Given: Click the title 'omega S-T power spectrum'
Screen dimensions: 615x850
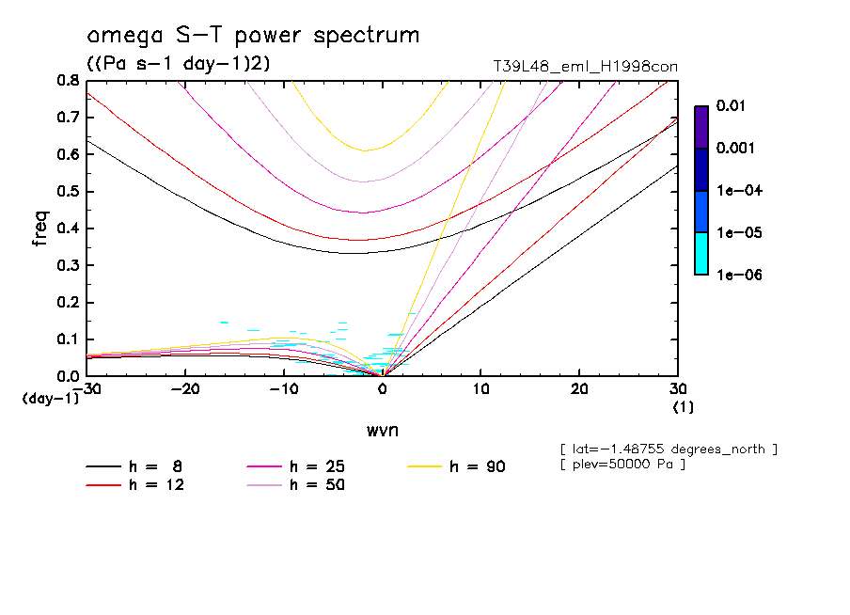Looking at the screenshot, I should click(253, 36).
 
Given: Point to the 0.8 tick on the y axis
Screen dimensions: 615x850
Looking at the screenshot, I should click(68, 81).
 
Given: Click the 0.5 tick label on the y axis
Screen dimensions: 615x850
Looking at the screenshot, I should click(68, 192).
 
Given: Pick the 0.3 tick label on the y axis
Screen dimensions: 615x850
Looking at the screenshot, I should click(68, 265).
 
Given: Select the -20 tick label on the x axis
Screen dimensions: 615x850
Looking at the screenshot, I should click(184, 389).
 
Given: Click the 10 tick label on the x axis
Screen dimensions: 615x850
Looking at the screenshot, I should click(480, 389).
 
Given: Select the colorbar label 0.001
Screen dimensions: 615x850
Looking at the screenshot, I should click(734, 149).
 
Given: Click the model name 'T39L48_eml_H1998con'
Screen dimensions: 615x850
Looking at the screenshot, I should click(586, 66).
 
